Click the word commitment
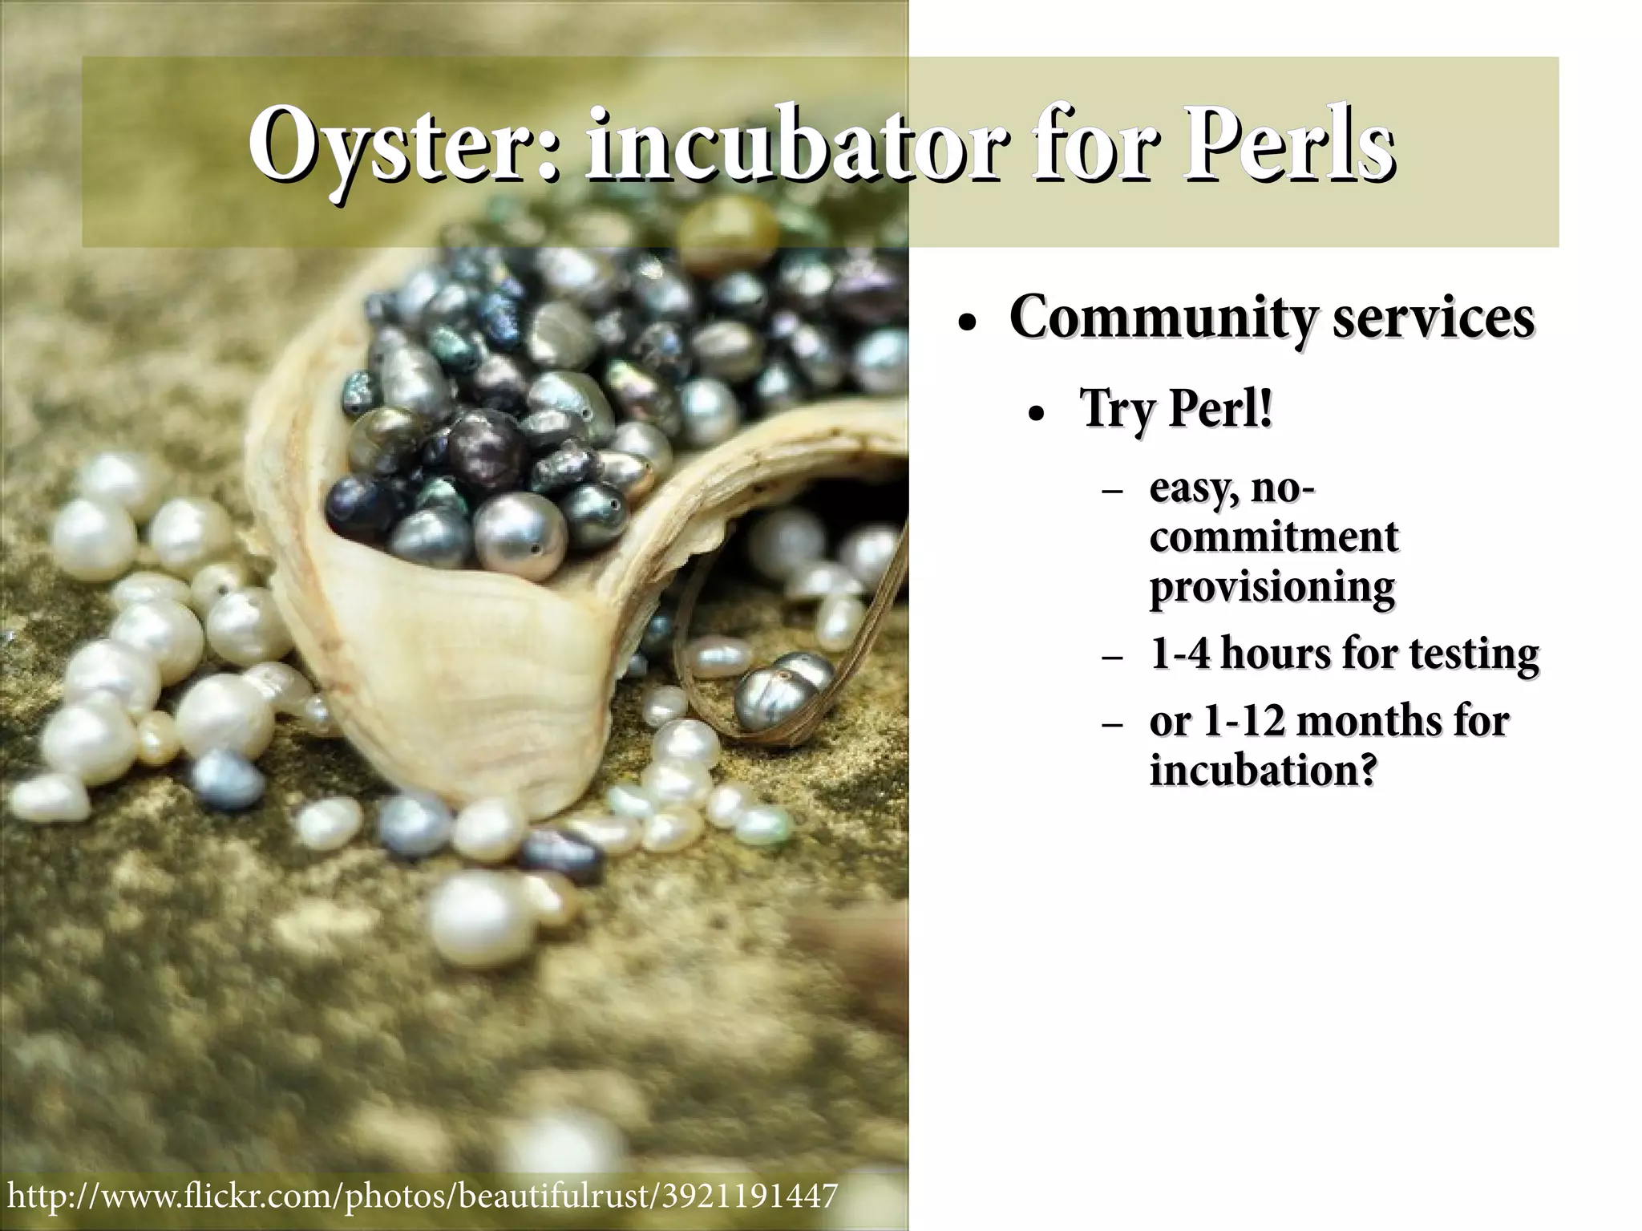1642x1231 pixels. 1274,537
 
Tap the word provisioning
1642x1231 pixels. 1272,588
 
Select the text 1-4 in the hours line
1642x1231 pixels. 1179,654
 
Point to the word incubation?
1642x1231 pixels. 1264,770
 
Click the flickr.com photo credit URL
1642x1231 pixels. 422,1194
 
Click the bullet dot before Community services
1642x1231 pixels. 969,324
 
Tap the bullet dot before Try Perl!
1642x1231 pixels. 1037,415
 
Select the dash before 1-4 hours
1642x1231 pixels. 1112,658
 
